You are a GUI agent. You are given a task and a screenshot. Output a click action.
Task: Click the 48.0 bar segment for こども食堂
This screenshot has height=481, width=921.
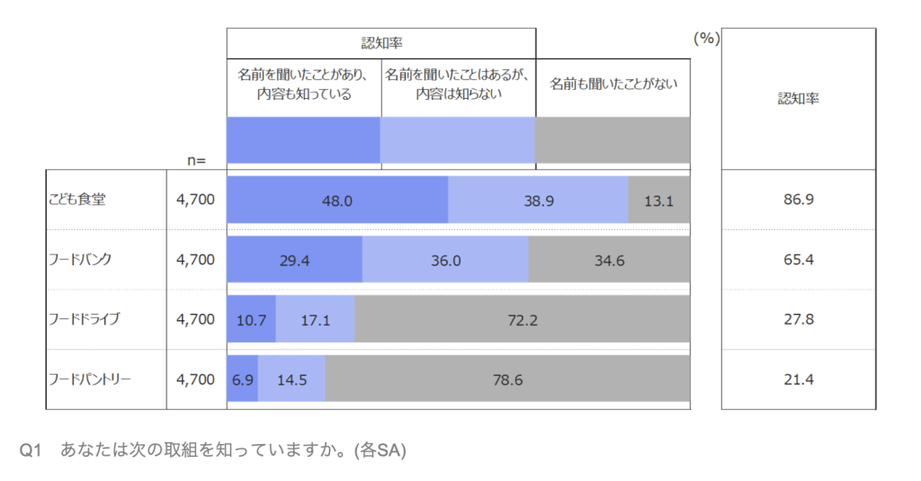(x=337, y=200)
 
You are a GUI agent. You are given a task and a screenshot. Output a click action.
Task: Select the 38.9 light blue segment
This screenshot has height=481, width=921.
(x=538, y=200)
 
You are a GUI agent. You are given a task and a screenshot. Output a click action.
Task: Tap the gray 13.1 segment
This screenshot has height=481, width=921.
(x=658, y=200)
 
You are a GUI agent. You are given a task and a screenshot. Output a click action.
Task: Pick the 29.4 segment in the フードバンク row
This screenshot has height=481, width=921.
(x=294, y=260)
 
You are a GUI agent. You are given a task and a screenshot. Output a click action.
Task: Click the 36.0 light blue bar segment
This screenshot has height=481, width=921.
(x=445, y=260)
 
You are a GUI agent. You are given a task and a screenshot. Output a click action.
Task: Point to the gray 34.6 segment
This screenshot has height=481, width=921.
(x=609, y=260)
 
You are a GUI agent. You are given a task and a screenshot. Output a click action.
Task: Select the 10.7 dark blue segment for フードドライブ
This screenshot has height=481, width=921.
(x=251, y=319)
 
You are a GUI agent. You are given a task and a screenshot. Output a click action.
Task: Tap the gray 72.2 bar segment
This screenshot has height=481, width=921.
(x=523, y=319)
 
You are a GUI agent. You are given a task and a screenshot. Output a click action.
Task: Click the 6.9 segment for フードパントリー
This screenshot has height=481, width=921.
(x=242, y=379)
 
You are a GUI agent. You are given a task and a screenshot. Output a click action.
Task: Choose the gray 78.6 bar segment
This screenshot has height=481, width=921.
(x=507, y=379)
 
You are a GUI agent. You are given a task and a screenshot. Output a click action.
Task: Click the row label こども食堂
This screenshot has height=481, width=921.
(x=77, y=200)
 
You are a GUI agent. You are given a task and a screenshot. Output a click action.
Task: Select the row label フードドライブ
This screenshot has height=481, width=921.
(x=84, y=319)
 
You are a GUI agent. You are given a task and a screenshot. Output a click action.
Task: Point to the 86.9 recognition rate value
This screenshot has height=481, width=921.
(x=798, y=200)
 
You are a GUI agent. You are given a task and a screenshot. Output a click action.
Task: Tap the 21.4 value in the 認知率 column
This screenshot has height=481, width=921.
(x=798, y=379)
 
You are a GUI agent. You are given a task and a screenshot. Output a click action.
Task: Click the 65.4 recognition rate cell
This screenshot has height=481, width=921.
(x=798, y=260)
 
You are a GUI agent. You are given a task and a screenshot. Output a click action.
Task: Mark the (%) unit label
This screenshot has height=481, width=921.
(x=706, y=39)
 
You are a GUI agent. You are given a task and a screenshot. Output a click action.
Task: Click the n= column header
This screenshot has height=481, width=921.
(x=196, y=160)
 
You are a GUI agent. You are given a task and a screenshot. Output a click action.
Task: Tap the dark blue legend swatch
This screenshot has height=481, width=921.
(x=303, y=140)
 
